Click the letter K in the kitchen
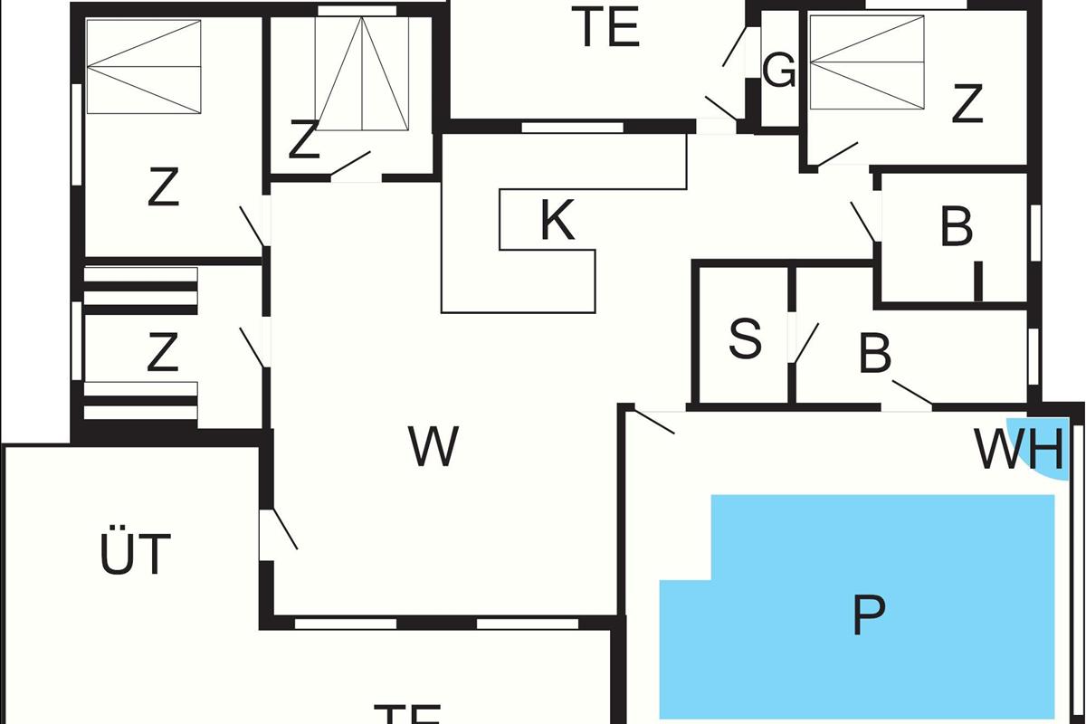click(557, 221)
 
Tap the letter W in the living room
click(433, 446)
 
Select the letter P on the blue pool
click(868, 615)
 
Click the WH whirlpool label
click(1017, 450)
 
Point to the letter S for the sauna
click(745, 339)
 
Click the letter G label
click(778, 71)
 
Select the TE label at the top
click(608, 27)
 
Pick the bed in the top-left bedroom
click(143, 66)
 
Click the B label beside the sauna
click(874, 355)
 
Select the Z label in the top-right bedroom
click(967, 105)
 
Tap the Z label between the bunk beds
click(162, 353)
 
